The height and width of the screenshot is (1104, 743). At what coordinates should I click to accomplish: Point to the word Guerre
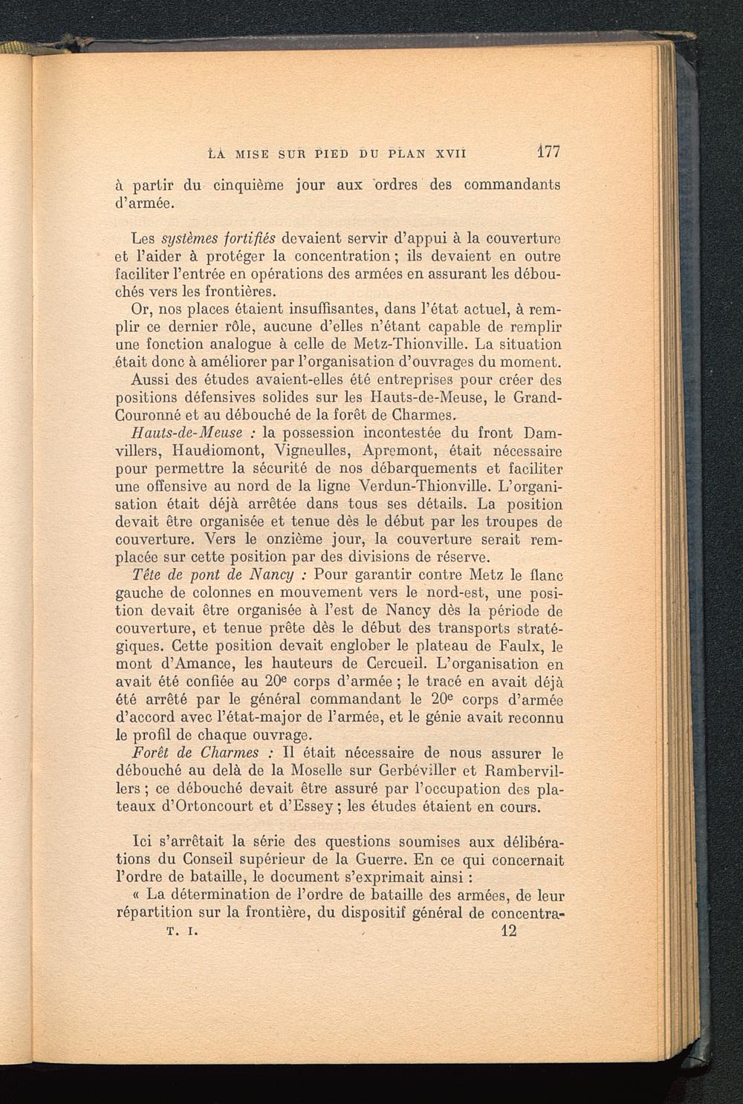366,860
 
